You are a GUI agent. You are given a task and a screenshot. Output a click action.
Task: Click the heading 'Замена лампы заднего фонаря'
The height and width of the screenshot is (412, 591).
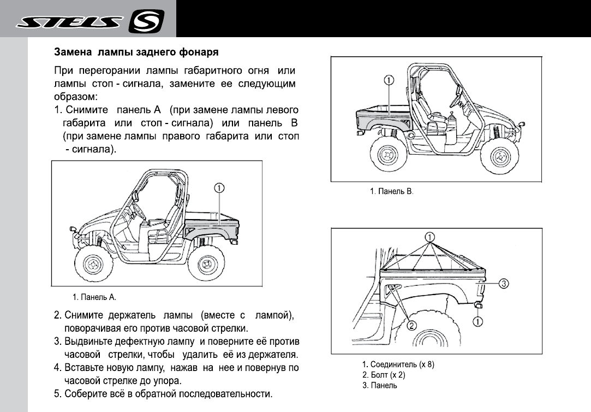tap(136, 54)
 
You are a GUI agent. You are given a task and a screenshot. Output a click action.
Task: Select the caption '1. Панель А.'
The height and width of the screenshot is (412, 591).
tap(94, 298)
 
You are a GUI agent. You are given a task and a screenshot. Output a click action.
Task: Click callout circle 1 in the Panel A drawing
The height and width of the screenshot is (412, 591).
tap(218, 189)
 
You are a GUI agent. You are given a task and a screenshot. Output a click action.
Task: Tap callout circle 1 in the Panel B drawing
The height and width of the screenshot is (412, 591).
tap(389, 80)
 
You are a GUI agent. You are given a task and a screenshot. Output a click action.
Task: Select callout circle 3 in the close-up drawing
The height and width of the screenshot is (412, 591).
tap(504, 283)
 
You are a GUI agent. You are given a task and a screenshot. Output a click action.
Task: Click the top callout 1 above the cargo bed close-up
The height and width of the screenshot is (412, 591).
tap(429, 237)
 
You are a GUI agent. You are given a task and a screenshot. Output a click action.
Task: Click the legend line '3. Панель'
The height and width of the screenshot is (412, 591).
tap(380, 385)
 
